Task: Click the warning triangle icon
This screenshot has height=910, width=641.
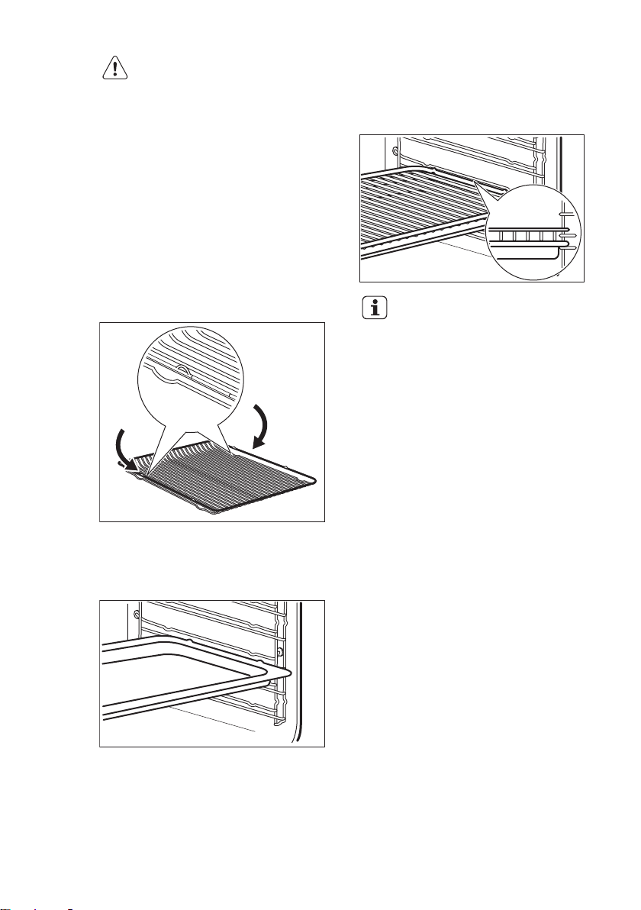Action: point(114,69)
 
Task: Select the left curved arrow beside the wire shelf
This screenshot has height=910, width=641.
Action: point(121,450)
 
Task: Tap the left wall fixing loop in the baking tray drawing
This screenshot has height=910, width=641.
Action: point(136,615)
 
